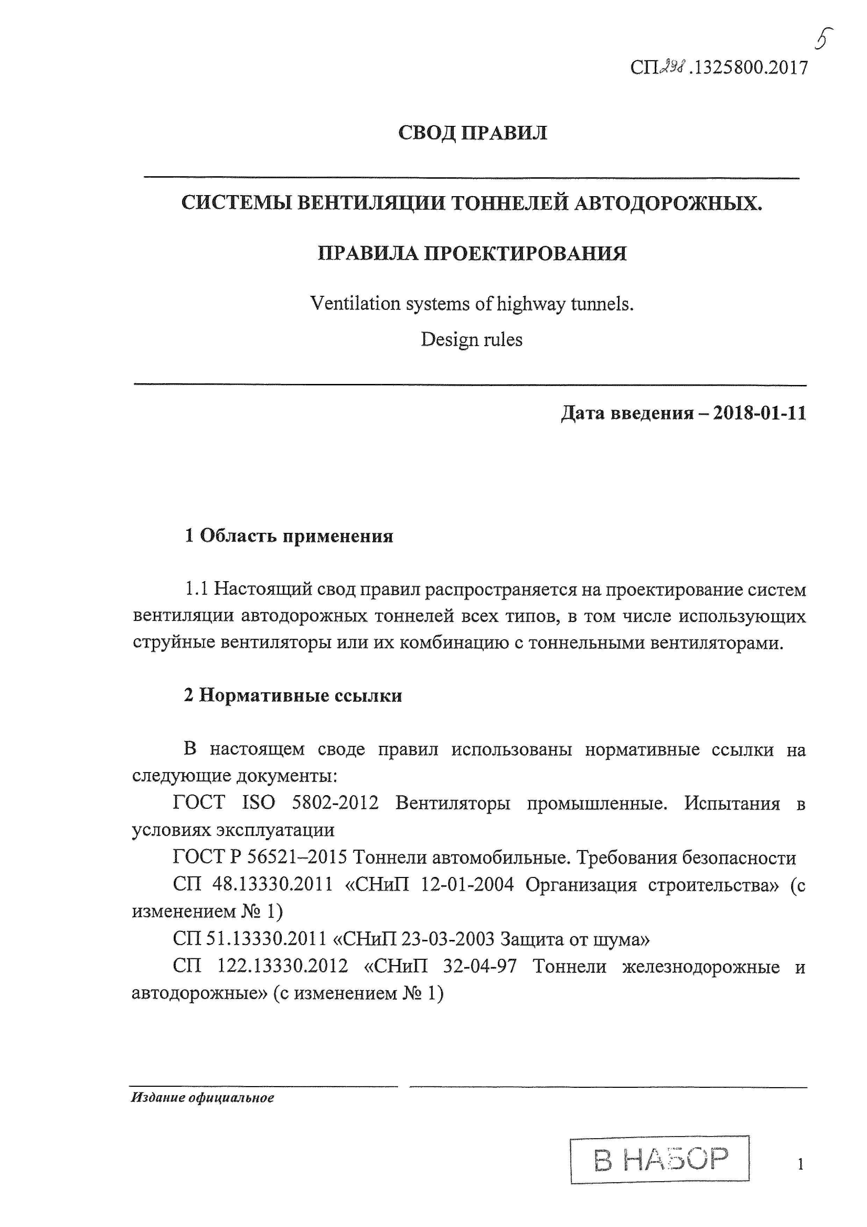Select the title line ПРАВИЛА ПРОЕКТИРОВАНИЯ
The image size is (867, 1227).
(472, 253)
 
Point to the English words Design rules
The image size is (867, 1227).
(471, 340)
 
